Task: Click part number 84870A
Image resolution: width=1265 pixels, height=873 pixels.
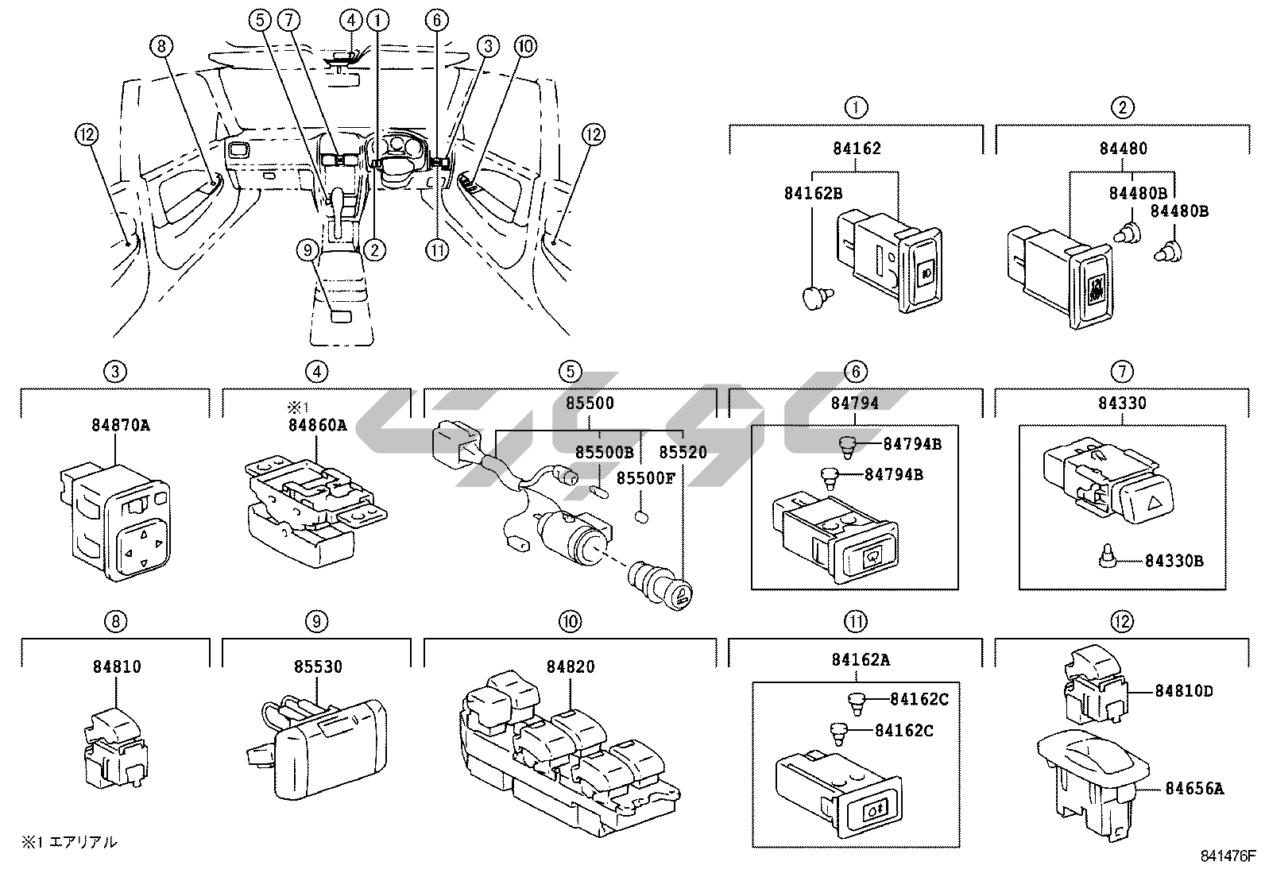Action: pos(115,424)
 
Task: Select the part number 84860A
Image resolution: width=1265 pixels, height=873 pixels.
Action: pos(316,424)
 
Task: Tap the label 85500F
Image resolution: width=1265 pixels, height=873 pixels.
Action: pos(645,478)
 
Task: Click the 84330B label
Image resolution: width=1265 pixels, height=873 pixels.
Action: pos(1174,561)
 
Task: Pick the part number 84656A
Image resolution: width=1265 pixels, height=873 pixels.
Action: pos(1194,788)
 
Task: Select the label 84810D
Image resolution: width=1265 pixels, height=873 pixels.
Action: pos(1184,690)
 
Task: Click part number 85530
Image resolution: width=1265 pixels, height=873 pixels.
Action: pos(316,666)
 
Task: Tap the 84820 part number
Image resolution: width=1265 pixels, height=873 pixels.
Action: pos(570,666)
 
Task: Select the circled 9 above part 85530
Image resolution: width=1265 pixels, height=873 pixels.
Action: pos(316,621)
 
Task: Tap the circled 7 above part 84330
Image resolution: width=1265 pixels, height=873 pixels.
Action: pos(1121,371)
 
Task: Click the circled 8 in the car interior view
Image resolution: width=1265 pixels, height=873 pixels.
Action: pos(161,47)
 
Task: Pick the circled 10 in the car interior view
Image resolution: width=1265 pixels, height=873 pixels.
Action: pos(524,47)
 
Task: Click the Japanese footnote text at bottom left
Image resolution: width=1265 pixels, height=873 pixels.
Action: pos(69,842)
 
